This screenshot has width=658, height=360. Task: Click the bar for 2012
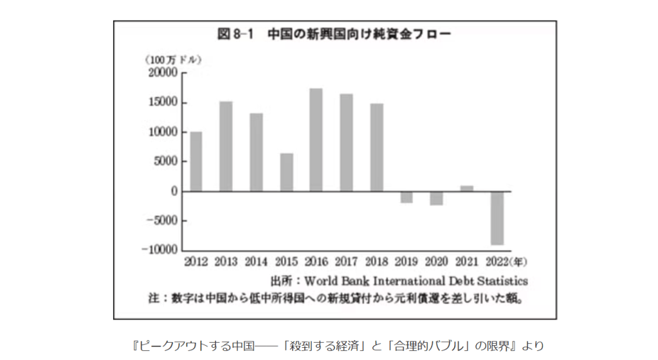tap(196, 161)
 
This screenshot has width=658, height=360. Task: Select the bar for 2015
tap(286, 172)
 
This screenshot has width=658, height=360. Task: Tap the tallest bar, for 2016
tap(316, 139)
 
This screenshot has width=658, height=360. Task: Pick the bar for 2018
tap(377, 147)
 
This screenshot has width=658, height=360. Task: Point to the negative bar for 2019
tap(407, 197)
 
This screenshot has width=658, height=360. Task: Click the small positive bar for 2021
tap(467, 188)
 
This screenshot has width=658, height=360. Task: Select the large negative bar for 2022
tap(497, 218)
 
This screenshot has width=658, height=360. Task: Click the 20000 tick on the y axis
tap(163, 73)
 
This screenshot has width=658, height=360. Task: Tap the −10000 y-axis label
tap(161, 250)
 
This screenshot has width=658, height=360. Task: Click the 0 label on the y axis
tap(174, 192)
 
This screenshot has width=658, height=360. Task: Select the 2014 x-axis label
tap(256, 262)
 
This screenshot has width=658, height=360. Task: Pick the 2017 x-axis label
tap(347, 262)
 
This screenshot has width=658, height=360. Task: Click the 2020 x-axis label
tap(437, 262)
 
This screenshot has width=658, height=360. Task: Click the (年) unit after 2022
tap(518, 262)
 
